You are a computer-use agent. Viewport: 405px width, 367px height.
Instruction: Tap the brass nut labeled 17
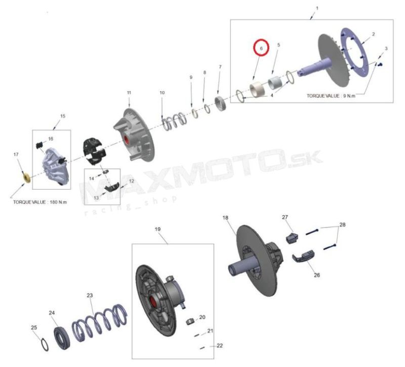pos(26,178)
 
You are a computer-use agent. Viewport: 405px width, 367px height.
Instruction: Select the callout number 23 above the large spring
pos(90,295)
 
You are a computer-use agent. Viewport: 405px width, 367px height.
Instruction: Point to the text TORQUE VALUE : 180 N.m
pos(40,202)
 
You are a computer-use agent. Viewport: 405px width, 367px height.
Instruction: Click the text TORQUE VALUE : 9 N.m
pos(331,96)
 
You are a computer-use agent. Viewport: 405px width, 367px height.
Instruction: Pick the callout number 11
pos(129,93)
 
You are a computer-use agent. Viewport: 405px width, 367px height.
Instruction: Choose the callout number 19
pos(157,229)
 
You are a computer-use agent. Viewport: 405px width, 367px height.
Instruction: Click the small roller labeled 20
pos(191,322)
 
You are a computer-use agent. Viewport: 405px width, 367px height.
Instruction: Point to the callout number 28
pos(342,224)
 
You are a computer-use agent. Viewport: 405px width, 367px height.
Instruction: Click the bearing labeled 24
pos(62,338)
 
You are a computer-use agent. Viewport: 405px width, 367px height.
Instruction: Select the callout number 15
pos(63,116)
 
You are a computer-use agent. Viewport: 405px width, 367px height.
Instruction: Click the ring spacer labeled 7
pos(221,104)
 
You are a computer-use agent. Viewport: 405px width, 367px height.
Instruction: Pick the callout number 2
pos(373,34)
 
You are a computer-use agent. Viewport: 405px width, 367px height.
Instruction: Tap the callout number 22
pos(220,346)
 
